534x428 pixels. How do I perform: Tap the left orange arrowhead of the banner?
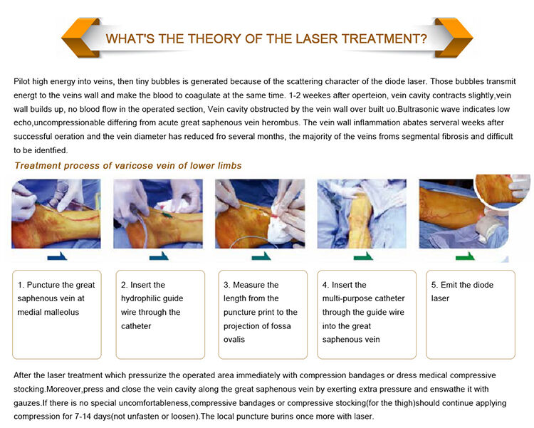tap(80, 38)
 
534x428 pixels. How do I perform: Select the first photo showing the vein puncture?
tap(56, 214)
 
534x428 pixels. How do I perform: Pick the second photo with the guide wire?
tap(158, 214)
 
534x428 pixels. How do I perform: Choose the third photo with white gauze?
tap(260, 214)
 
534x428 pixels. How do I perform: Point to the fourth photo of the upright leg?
tap(362, 214)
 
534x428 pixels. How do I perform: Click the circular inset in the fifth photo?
tap(503, 191)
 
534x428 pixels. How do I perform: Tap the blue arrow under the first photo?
tap(57, 256)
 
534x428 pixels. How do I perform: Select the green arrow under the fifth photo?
tap(465, 256)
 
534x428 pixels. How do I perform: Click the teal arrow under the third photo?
tap(261, 256)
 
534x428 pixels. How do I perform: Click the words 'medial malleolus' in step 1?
tap(48, 312)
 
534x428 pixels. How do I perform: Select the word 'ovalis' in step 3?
tap(234, 340)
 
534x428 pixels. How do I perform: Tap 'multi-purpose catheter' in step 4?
tap(363, 298)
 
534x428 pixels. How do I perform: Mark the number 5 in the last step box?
tap(434, 285)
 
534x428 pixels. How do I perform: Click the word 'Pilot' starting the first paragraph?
tap(22, 81)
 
